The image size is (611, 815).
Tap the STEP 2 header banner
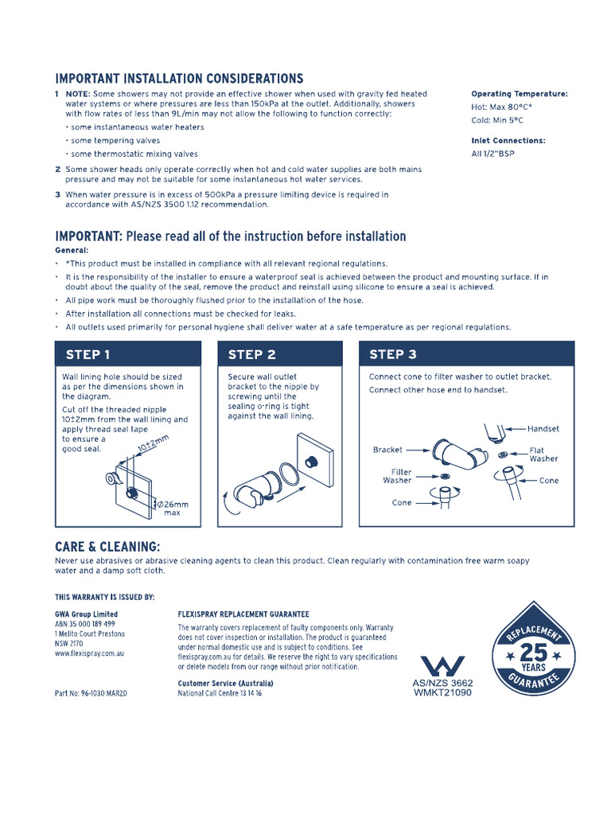click(280, 354)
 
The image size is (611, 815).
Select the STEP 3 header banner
click(466, 354)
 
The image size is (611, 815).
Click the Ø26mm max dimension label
click(173, 509)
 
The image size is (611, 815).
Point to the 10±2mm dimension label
click(153, 443)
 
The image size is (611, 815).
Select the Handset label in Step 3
click(543, 429)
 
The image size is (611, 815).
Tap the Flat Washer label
click(543, 454)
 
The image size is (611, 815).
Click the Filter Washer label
click(397, 476)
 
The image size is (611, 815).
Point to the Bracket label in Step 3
click(387, 450)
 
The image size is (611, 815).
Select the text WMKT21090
click(442, 692)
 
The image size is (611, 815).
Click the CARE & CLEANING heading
click(107, 547)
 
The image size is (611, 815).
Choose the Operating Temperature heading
click(519, 94)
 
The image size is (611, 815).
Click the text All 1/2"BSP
click(492, 154)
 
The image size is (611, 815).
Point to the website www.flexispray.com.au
click(89, 653)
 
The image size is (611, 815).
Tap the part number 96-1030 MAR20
click(91, 693)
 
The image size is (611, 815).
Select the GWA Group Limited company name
click(86, 614)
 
